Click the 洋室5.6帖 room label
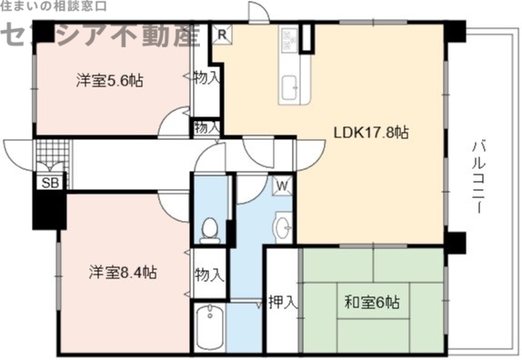tap(108, 80)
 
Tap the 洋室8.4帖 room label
tap(122, 272)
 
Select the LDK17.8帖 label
tap(370, 133)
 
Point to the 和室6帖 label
tap(371, 302)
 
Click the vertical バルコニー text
tap(478, 176)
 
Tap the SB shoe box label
tap(47, 182)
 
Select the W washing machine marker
tap(283, 185)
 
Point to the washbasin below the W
tap(283, 225)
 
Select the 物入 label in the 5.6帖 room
tap(206, 78)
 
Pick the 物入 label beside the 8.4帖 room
tap(209, 274)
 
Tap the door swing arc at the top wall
tap(257, 13)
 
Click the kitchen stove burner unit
tap(291, 40)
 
